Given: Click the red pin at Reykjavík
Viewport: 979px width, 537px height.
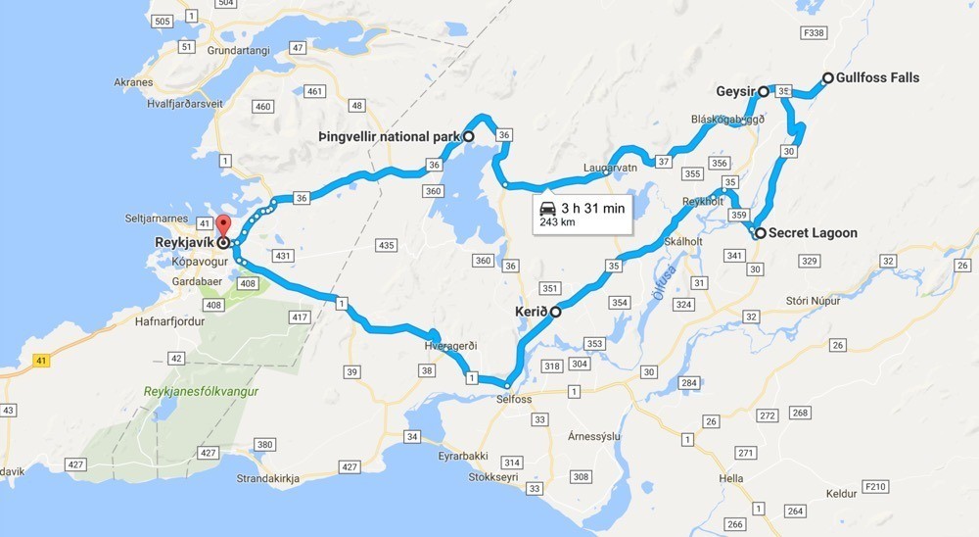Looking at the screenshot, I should (x=222, y=225).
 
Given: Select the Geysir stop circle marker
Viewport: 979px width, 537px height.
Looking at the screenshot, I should (x=764, y=91).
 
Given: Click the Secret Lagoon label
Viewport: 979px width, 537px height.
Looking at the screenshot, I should (x=813, y=233).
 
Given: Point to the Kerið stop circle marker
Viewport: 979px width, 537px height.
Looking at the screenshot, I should (x=555, y=313).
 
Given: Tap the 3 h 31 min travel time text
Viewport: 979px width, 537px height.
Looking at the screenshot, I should (x=594, y=208).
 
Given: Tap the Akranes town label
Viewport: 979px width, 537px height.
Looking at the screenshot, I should (x=133, y=82).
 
